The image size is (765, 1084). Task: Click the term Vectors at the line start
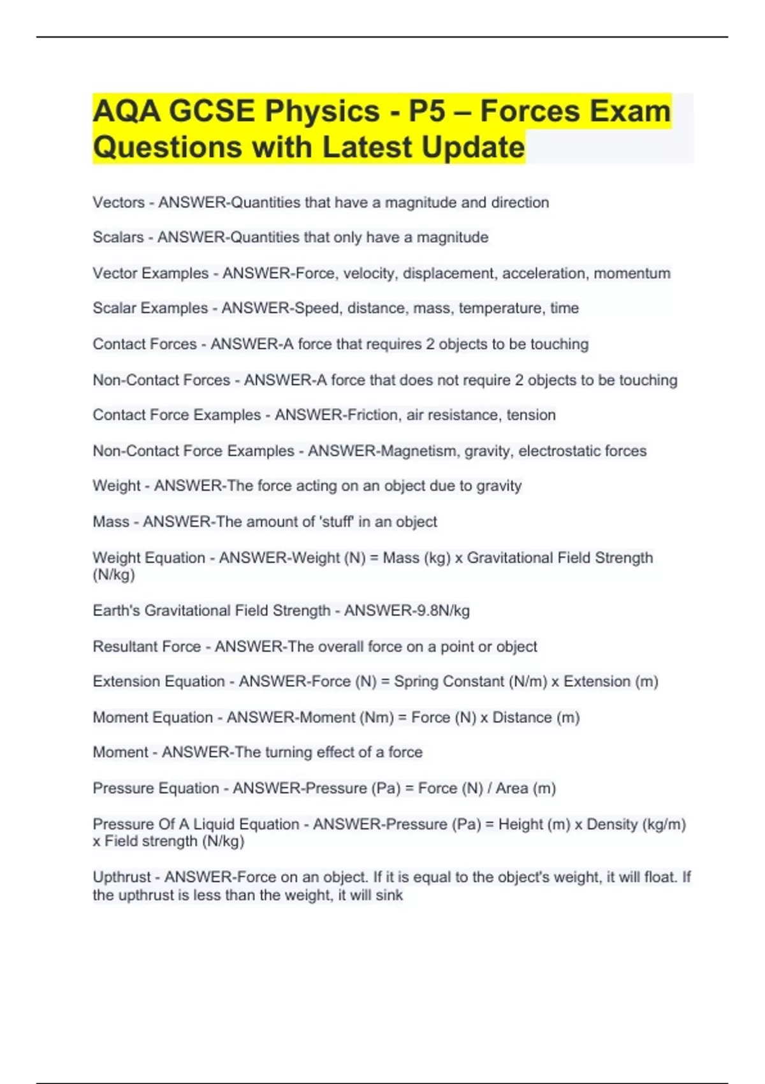[x=119, y=203]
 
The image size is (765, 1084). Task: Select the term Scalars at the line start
[x=118, y=237]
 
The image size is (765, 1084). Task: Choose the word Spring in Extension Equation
[x=416, y=682]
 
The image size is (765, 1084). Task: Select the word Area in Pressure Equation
[x=512, y=788]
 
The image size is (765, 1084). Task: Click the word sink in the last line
[x=389, y=895]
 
